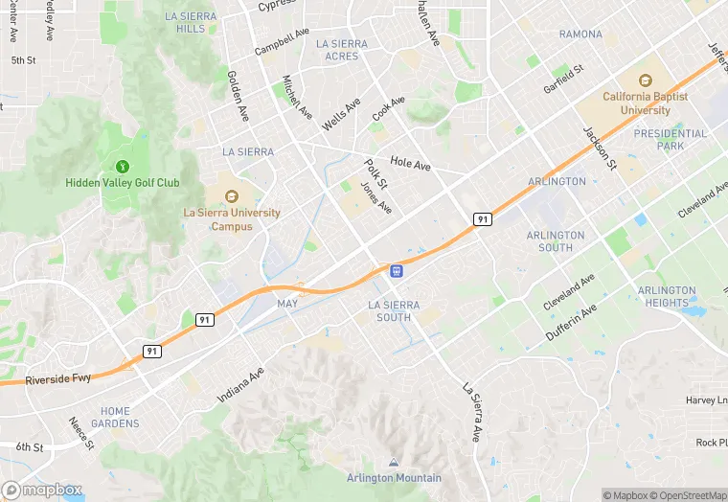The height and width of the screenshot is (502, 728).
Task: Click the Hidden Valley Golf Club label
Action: click(123, 182)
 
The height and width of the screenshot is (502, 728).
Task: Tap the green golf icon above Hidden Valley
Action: click(122, 166)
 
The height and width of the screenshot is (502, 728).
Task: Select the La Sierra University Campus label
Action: click(232, 219)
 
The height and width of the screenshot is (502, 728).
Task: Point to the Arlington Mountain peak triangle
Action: click(395, 464)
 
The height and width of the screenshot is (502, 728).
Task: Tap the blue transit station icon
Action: click(396, 271)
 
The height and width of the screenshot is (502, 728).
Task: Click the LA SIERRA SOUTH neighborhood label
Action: click(394, 310)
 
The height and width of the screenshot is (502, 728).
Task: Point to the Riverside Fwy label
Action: click(58, 378)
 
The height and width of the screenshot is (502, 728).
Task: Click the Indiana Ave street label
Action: click(240, 380)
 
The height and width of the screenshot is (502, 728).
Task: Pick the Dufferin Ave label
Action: click(571, 322)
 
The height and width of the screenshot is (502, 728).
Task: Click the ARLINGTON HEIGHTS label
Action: click(667, 296)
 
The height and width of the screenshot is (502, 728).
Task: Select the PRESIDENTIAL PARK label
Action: click(671, 140)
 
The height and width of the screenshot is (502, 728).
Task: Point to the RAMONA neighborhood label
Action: click(580, 34)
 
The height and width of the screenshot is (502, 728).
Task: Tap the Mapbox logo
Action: click(42, 490)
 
